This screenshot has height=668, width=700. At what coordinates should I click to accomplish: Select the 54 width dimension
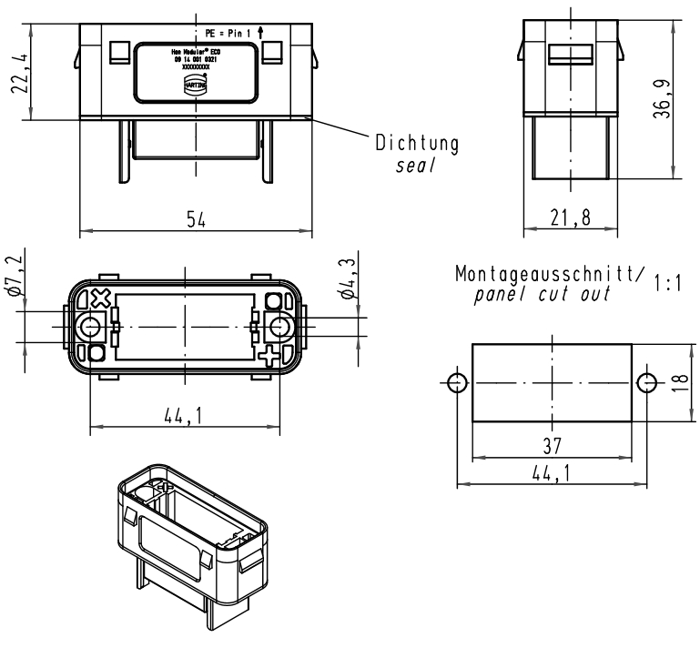click(x=195, y=219)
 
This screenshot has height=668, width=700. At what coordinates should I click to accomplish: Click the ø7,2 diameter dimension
click(x=14, y=278)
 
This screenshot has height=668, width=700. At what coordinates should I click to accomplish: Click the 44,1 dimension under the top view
click(x=183, y=415)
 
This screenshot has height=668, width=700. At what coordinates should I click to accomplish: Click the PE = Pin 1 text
click(x=227, y=31)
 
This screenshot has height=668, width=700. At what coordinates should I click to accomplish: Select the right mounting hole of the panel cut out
click(x=645, y=380)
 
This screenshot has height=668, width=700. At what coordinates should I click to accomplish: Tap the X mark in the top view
click(x=101, y=298)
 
